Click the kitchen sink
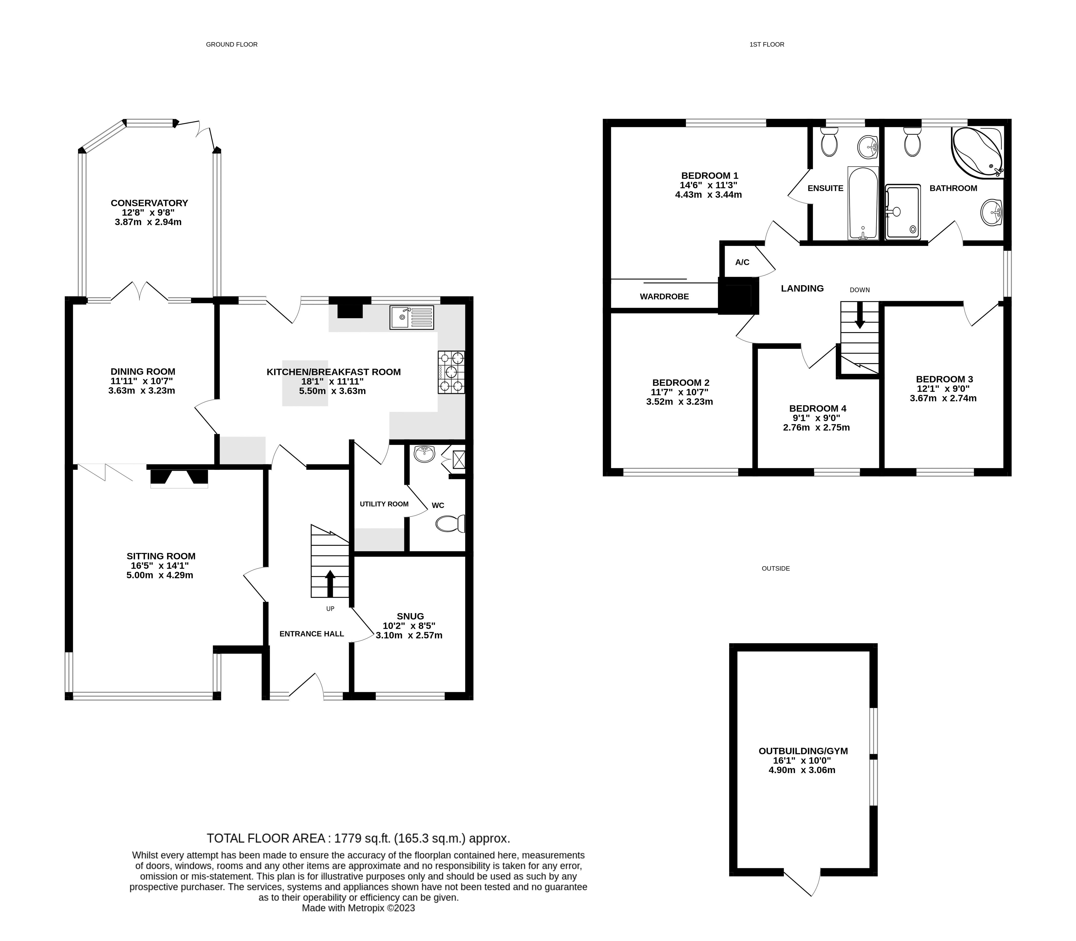(412, 317)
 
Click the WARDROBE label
(664, 297)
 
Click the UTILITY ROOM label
(384, 504)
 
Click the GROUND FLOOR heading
(232, 45)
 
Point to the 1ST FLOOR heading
(767, 45)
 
